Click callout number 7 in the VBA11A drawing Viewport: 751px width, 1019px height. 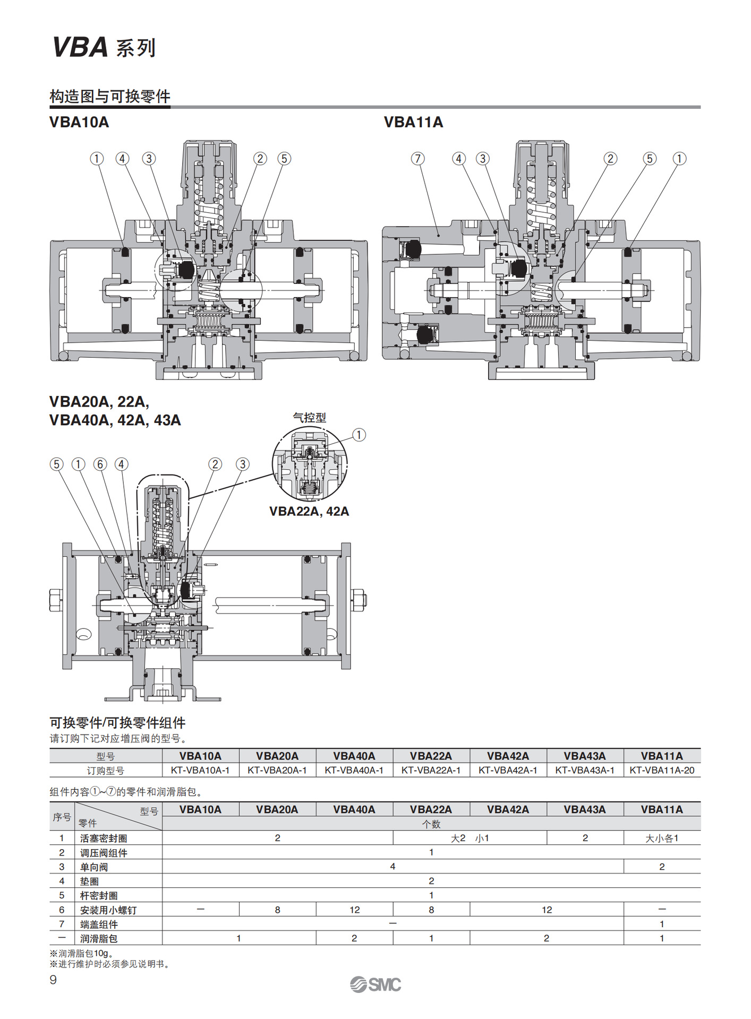[x=417, y=159]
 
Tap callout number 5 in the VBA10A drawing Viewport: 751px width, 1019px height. [x=284, y=159]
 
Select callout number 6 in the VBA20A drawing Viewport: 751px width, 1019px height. [x=100, y=464]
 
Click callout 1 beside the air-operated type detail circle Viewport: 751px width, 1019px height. [x=359, y=435]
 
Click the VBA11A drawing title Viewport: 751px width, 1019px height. [x=413, y=122]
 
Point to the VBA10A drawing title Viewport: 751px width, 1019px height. [x=79, y=122]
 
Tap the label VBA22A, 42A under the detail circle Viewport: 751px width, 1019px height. [x=309, y=512]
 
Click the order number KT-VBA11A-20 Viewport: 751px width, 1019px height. [x=661, y=770]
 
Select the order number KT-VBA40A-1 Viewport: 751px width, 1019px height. [x=354, y=770]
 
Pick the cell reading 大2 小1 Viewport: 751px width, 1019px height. [x=470, y=838]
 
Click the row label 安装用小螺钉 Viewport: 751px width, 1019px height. [x=108, y=910]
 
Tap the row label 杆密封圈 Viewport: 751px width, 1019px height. [x=99, y=895]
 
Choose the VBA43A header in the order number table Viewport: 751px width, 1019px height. [x=584, y=756]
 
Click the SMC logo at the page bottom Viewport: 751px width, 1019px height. [x=375, y=985]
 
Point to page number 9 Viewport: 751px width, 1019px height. [x=53, y=980]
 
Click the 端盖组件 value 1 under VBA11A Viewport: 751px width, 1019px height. [x=661, y=924]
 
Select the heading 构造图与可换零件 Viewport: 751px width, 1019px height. [x=110, y=97]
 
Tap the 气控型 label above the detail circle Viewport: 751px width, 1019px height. [x=309, y=418]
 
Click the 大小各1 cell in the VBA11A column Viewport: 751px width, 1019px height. [x=661, y=838]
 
